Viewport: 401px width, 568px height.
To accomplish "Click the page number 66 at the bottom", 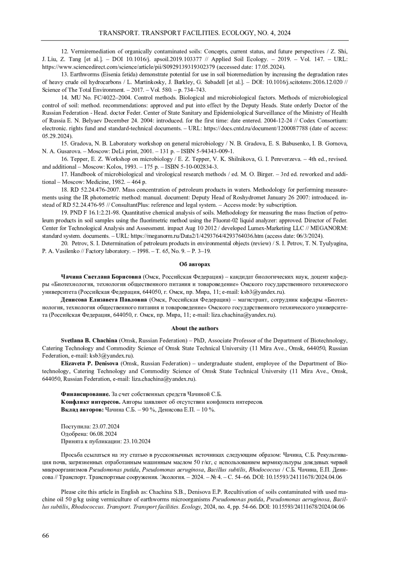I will pyautogui.click(x=45, y=536).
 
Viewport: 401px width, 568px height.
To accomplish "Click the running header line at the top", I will pyautogui.click(x=194, y=33).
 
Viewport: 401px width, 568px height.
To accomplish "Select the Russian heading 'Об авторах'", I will pyautogui.click(x=194, y=264).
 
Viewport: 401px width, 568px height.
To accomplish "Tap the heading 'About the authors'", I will pyautogui.click(x=194, y=328).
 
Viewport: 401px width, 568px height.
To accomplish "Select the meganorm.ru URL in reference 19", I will pyautogui.click(x=192, y=235).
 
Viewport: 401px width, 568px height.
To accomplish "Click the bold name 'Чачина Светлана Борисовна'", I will pyautogui.click(x=101, y=277).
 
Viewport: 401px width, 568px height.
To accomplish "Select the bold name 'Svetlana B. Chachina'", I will pyautogui.click(x=89, y=341).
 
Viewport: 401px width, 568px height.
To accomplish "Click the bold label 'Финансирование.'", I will pyautogui.click(x=85, y=394).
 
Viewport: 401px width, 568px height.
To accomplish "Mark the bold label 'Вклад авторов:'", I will pyautogui.click(x=82, y=409).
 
